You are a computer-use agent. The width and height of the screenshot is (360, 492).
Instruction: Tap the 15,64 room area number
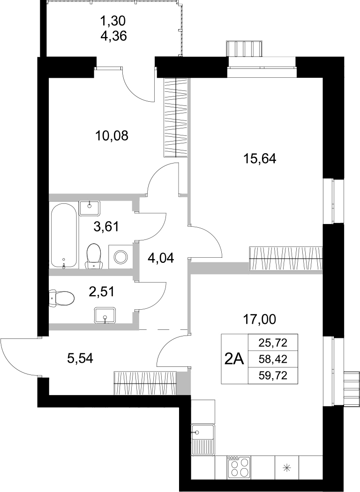point(260,159)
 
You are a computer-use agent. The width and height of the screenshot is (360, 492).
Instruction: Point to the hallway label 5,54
point(81,358)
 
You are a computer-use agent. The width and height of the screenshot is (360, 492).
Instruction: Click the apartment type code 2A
point(234,359)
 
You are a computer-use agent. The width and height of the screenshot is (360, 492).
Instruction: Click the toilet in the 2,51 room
point(62,298)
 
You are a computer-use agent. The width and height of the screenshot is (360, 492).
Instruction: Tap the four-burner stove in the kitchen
point(239,467)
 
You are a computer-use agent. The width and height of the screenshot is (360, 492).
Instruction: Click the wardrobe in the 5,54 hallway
point(145,382)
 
